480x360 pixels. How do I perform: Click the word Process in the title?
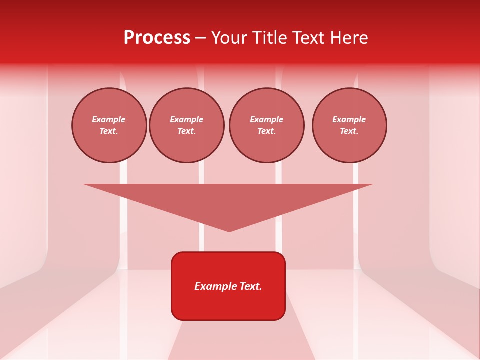coord(157,38)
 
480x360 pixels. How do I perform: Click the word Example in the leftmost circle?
coord(109,119)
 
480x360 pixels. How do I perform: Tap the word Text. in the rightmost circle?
coord(349,131)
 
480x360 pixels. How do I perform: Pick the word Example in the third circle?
coord(266,119)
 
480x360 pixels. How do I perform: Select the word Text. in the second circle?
coord(186,131)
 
